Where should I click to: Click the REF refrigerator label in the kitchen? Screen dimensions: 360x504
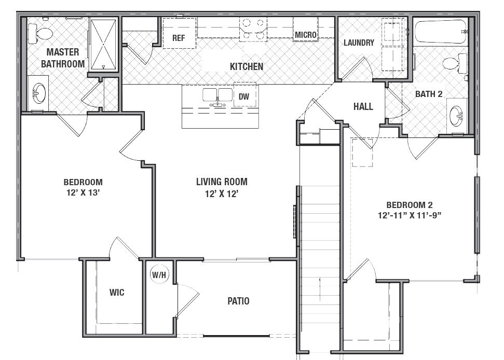click(179, 38)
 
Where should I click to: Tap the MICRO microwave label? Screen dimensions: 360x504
click(306, 35)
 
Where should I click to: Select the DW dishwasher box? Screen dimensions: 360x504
click(243, 96)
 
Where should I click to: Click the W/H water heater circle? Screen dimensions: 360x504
click(159, 275)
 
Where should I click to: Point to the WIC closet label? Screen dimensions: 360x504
click(117, 293)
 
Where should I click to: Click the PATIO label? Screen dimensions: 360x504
click(238, 301)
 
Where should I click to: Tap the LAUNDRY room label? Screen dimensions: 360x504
click(359, 43)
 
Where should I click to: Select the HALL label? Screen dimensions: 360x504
click(363, 106)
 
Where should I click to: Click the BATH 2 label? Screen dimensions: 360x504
click(429, 94)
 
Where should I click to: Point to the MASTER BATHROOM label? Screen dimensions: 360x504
click(63, 58)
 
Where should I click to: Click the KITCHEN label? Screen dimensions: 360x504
click(247, 66)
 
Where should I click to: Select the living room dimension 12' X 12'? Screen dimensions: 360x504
click(222, 193)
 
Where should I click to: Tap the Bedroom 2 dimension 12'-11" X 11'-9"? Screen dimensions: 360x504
click(410, 216)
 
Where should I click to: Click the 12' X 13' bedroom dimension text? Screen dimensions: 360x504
click(83, 193)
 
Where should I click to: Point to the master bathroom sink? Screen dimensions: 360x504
click(38, 93)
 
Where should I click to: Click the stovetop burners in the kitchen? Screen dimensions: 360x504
click(253, 29)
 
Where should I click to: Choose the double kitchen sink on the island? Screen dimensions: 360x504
click(218, 96)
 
